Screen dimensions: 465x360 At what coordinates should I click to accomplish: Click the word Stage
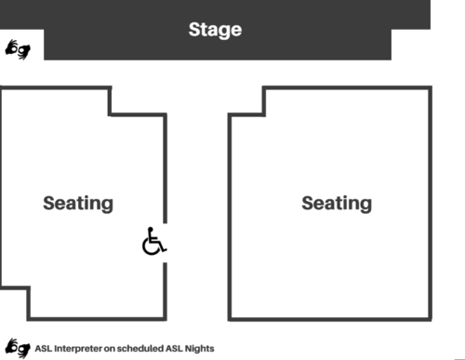click(x=215, y=30)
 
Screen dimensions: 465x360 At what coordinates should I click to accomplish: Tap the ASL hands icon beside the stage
click(x=18, y=48)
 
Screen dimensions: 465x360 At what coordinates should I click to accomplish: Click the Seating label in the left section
click(x=78, y=203)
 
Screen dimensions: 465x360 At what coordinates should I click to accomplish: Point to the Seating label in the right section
click(x=336, y=203)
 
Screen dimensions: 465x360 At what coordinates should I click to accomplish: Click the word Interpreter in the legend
click(x=78, y=348)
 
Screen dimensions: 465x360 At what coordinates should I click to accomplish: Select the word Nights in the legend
click(x=199, y=348)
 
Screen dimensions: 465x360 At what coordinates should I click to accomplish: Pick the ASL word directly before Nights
click(x=176, y=348)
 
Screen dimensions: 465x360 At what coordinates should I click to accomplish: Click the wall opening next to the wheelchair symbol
click(x=166, y=243)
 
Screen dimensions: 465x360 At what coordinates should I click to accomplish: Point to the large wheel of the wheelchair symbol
click(x=152, y=247)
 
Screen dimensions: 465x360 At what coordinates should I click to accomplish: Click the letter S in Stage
click(x=194, y=30)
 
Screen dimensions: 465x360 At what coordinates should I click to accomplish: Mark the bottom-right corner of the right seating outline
click(x=432, y=319)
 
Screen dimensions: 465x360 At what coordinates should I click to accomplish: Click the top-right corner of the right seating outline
click(x=432, y=89)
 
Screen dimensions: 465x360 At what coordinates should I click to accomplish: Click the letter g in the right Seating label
click(x=365, y=205)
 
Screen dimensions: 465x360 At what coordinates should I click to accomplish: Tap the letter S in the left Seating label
click(x=49, y=203)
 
